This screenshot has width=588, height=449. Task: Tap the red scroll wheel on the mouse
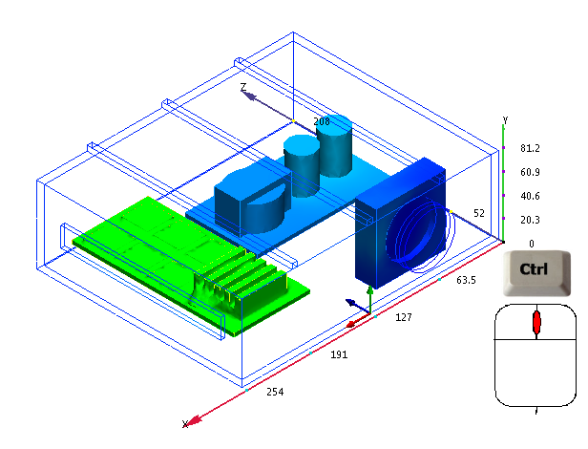pyautogui.click(x=536, y=323)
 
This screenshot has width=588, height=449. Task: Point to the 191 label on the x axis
pyautogui.click(x=339, y=354)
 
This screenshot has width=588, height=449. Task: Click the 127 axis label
pyautogui.click(x=403, y=317)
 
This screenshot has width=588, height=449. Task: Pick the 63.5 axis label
pyautogui.click(x=466, y=281)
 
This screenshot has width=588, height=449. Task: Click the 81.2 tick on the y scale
pyautogui.click(x=530, y=148)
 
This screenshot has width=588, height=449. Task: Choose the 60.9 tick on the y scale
pyautogui.click(x=530, y=172)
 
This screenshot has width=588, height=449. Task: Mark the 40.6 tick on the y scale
pyautogui.click(x=530, y=196)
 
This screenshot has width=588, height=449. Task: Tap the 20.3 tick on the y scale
pyautogui.click(x=530, y=220)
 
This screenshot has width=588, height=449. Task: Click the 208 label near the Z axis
pyautogui.click(x=322, y=121)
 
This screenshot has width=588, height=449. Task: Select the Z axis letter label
pyautogui.click(x=243, y=87)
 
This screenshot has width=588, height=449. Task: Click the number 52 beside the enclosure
pyautogui.click(x=479, y=212)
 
